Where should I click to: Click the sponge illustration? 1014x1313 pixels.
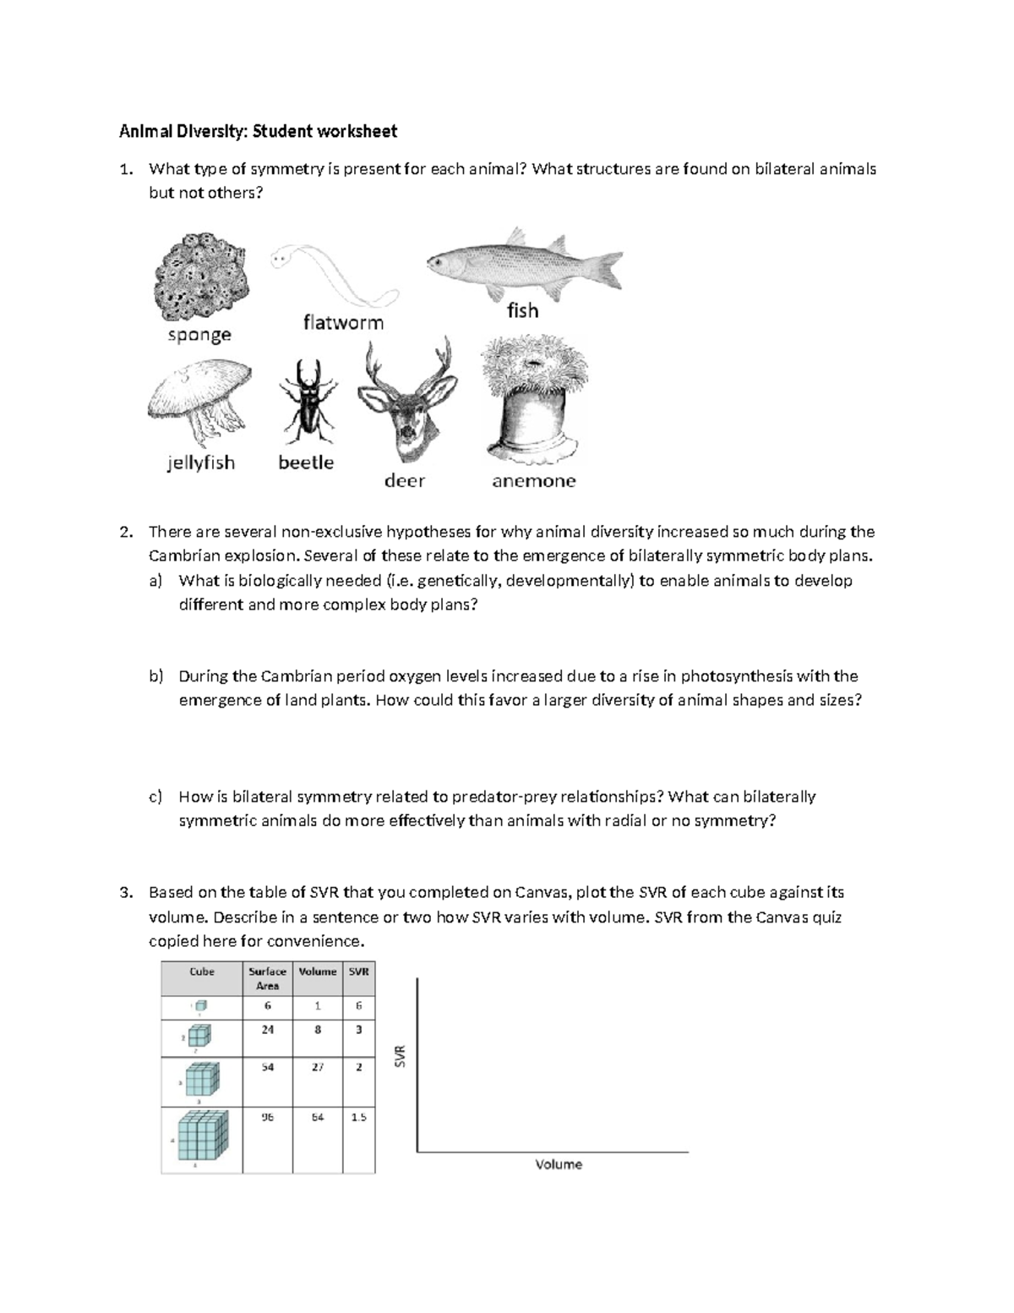199,278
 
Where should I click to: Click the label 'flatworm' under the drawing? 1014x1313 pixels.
343,322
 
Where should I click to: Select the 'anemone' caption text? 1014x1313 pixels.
533,481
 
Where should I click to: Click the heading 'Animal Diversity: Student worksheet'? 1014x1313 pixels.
258,131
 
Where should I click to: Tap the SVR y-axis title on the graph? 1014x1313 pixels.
401,1056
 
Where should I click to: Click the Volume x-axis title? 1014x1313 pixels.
559,1164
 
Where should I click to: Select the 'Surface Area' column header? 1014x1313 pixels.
267,978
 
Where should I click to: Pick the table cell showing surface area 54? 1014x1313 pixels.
267,1067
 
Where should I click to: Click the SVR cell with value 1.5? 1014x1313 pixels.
358,1117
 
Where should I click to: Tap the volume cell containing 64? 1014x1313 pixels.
318,1117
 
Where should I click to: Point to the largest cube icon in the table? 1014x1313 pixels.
204,1135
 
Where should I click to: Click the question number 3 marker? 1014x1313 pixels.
126,892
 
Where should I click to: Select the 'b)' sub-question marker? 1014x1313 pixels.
155,676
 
